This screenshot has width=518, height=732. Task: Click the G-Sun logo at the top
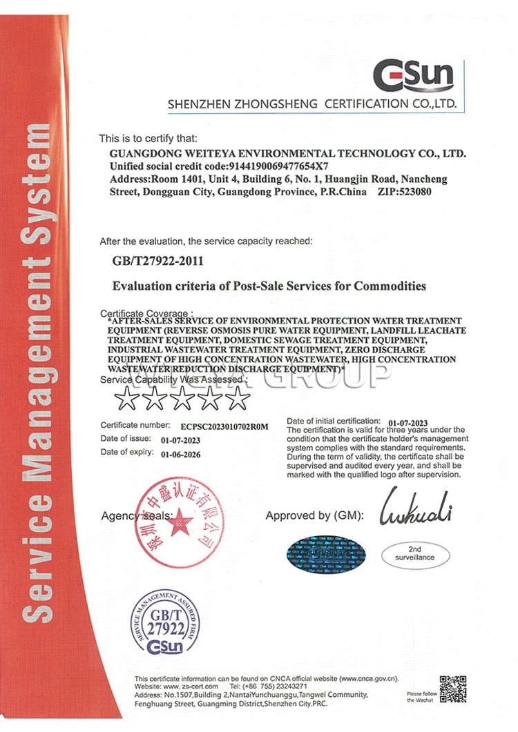point(413,76)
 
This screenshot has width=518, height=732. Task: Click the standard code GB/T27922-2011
point(157,261)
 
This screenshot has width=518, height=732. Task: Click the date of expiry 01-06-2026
point(180,455)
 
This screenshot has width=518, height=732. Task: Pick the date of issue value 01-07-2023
point(180,440)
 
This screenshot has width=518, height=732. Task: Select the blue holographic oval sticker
point(326,553)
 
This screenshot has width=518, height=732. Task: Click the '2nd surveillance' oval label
point(415,553)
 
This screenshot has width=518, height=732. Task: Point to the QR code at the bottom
point(453,689)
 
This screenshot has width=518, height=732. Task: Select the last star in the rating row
point(238,397)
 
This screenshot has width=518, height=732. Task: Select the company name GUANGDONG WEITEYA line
point(288,153)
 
